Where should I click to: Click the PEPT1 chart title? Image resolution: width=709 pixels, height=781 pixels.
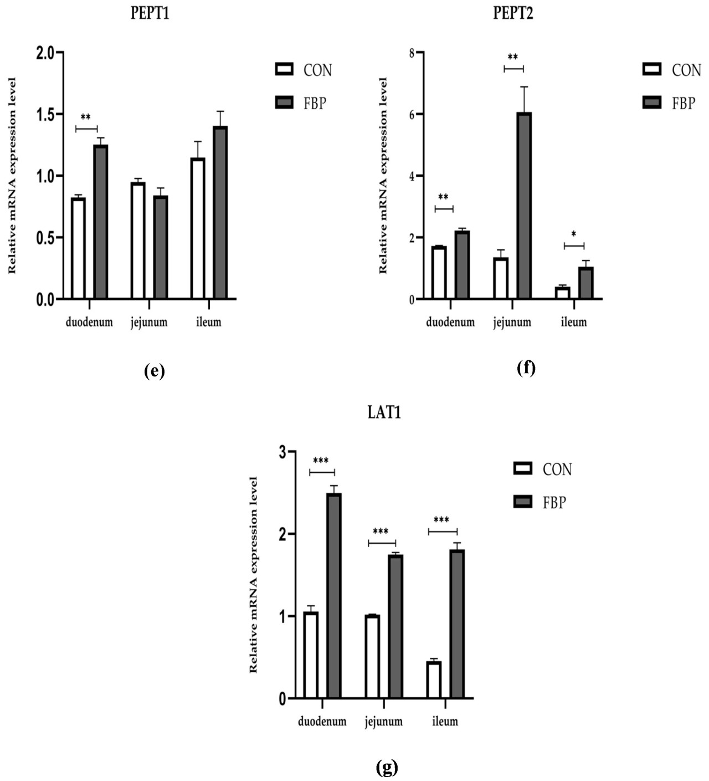click(150, 13)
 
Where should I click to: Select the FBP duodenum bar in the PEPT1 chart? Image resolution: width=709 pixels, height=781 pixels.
click(100, 222)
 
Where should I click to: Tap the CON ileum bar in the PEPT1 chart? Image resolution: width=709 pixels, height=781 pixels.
click(198, 228)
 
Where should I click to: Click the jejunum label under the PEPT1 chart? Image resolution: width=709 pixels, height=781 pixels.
click(149, 322)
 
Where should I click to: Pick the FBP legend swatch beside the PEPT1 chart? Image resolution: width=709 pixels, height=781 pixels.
click(284, 103)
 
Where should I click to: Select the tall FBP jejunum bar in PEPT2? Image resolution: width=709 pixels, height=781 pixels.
click(524, 206)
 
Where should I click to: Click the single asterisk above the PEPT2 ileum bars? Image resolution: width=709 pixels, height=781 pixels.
click(573, 234)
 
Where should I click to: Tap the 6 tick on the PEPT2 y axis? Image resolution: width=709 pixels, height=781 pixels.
click(412, 114)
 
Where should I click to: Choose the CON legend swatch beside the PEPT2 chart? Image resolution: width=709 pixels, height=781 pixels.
click(652, 69)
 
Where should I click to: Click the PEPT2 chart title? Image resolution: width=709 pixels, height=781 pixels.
click(513, 13)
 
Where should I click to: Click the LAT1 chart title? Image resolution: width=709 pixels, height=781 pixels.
click(384, 412)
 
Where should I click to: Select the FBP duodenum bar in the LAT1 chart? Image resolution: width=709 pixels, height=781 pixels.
click(333, 595)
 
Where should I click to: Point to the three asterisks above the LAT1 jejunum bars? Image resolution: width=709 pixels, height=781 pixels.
click(381, 532)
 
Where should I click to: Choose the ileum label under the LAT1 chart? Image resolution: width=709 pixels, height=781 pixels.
click(445, 721)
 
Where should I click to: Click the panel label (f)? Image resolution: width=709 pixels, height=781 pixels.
click(526, 367)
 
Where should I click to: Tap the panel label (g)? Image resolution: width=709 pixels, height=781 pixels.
click(387, 767)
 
